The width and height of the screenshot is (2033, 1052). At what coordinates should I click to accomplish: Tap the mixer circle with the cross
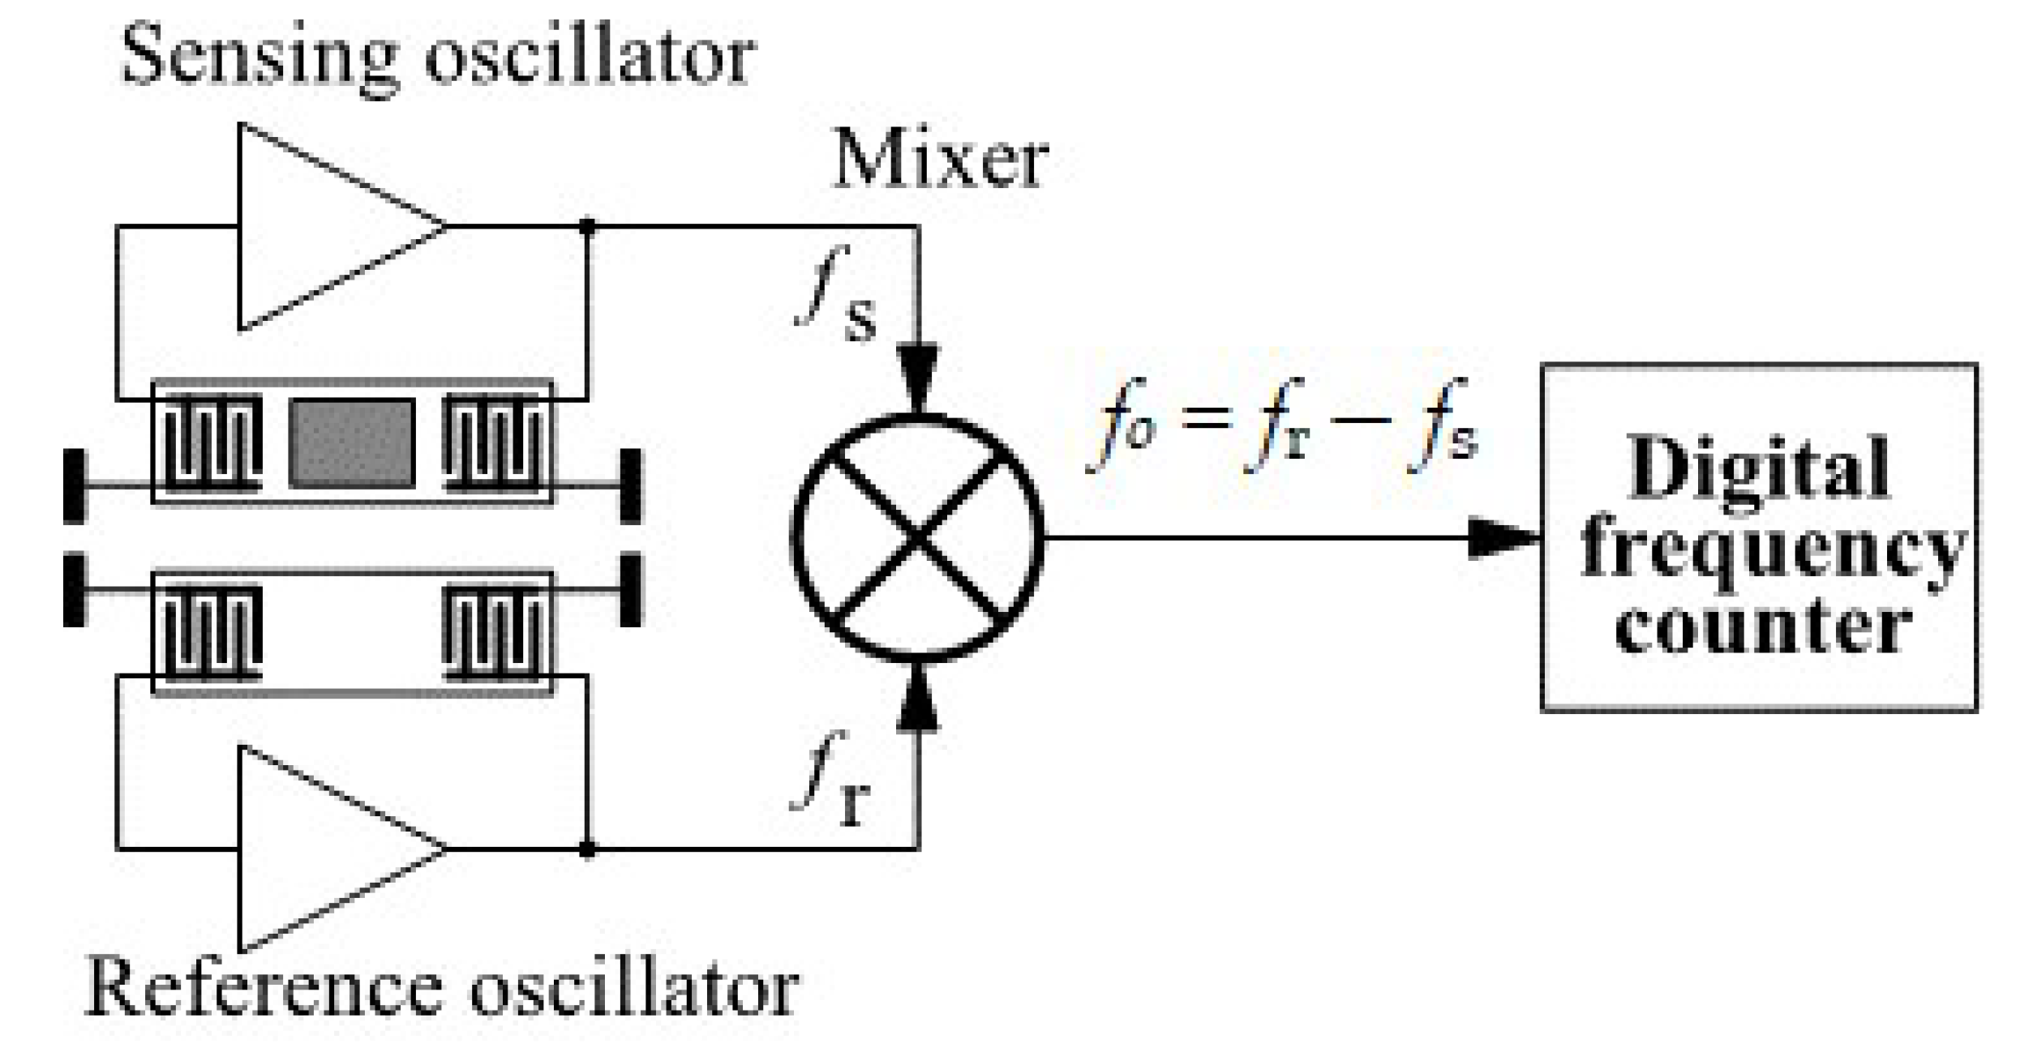pos(917,538)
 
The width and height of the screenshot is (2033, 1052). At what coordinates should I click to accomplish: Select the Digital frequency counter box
pos(1758,538)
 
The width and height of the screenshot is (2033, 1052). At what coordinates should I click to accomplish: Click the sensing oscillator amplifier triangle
pos(324,227)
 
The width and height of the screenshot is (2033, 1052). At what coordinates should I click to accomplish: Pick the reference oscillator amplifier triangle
pos(324,849)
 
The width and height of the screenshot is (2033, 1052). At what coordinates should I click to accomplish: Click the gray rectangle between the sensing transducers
pos(353,443)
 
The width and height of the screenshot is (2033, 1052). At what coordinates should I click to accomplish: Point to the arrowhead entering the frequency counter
pos(1504,538)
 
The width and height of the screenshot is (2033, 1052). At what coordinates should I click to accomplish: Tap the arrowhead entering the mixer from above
pos(917,377)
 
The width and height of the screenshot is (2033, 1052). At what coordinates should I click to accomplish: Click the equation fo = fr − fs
pos(1281,438)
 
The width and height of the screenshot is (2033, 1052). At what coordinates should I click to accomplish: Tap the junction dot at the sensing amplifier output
pos(588,227)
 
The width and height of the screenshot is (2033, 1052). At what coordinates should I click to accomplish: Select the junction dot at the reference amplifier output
pos(588,849)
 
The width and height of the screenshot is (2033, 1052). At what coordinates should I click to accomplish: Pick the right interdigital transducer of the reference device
pos(493,632)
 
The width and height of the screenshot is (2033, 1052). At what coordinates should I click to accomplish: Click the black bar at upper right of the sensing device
pos(630,485)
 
